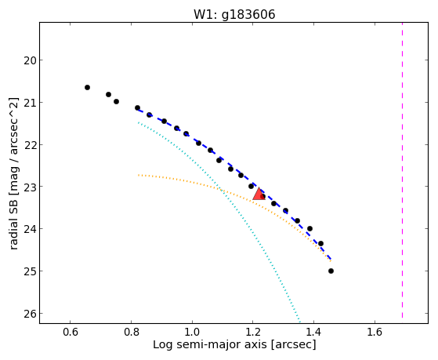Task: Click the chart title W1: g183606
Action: click(234, 14)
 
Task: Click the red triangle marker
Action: click(259, 195)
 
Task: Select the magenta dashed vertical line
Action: click(402, 170)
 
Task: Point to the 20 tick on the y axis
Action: click(41, 60)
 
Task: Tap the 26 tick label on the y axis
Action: click(29, 314)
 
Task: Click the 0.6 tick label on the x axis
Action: click(70, 332)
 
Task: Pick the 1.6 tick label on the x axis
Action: click(375, 332)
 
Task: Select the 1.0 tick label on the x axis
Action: click(192, 332)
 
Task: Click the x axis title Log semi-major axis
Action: click(210, 344)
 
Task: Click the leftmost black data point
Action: click(87, 88)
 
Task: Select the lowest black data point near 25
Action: click(331, 271)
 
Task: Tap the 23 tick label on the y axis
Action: click(29, 187)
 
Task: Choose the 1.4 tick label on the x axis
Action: click(313, 332)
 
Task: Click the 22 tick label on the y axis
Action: click(29, 144)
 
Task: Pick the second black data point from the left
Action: click(108, 95)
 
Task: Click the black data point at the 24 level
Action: click(309, 229)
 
